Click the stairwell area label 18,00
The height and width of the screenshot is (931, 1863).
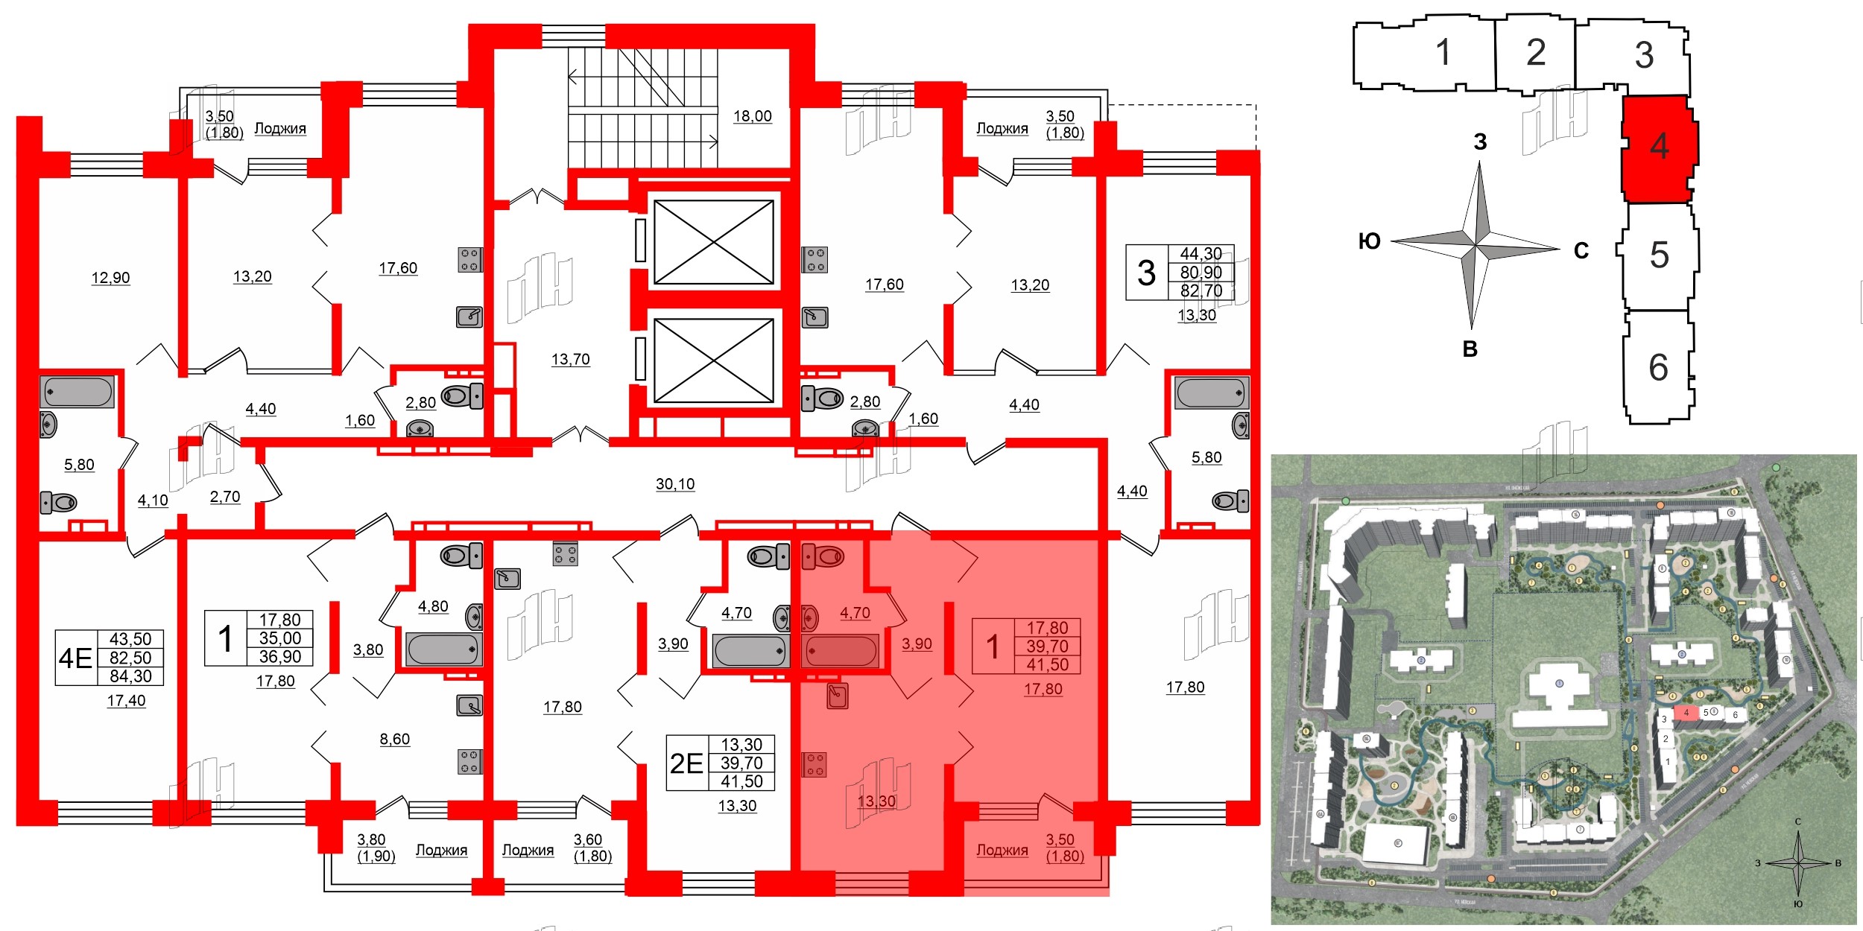point(752,116)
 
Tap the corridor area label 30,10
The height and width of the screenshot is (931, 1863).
point(675,484)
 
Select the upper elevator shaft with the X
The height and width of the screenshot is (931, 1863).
point(713,242)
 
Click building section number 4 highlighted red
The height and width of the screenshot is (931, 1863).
point(1659,146)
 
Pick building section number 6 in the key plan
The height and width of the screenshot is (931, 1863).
point(1658,367)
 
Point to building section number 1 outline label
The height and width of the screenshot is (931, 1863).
point(1443,52)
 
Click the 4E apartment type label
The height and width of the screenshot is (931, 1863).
point(75,658)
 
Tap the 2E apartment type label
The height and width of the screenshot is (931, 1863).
point(686,763)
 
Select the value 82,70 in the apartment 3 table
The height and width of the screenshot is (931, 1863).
point(1201,291)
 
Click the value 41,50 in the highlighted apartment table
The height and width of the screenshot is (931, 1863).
point(1047,665)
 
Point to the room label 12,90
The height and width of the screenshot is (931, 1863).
point(110,278)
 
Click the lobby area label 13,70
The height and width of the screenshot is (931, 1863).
point(570,360)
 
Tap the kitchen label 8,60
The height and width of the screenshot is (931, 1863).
point(394,740)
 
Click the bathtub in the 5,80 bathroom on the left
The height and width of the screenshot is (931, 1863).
point(78,392)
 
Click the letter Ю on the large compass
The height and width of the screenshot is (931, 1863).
point(1369,241)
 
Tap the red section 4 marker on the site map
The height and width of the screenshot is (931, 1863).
point(1686,713)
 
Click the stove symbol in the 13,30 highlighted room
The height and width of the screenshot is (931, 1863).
point(814,764)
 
